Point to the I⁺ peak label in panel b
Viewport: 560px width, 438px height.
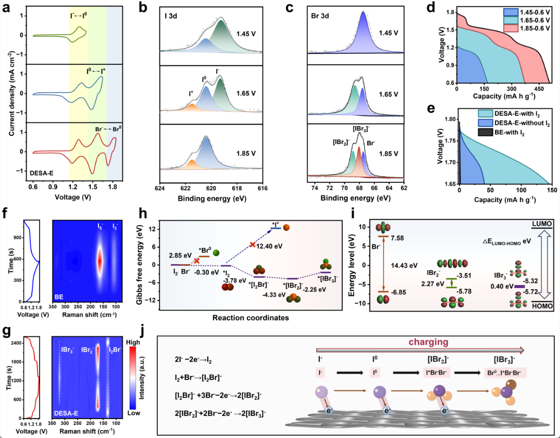[192, 94]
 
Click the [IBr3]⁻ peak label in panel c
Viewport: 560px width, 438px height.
[360, 127]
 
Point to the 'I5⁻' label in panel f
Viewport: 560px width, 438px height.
[100, 226]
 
